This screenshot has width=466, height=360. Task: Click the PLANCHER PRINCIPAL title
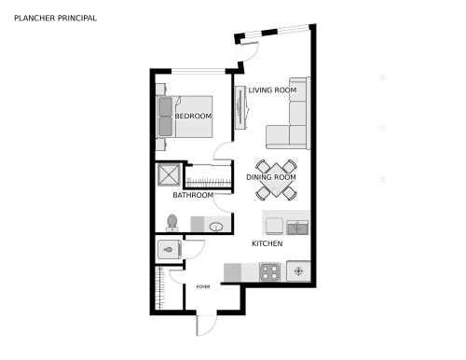(55, 18)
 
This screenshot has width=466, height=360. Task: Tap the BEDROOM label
(193, 116)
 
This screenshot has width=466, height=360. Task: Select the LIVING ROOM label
(272, 90)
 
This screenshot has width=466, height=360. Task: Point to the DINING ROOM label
(271, 177)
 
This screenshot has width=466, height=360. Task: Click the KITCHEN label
(267, 243)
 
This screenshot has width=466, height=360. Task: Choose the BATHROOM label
(193, 195)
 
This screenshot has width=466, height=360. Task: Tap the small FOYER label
(203, 286)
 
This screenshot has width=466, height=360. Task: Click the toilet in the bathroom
(171, 223)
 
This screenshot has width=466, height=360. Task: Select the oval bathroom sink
(215, 227)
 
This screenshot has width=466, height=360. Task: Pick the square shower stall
(169, 174)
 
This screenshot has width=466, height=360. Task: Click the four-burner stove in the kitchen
(269, 272)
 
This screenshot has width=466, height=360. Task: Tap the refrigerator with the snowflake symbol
(298, 271)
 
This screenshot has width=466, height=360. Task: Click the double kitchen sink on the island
(297, 228)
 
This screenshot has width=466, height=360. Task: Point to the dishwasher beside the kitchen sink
(274, 226)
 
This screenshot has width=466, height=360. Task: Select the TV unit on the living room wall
(240, 107)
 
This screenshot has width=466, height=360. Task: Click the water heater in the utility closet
(170, 249)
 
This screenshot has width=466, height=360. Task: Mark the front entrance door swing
(207, 325)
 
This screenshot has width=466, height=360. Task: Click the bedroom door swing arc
(223, 152)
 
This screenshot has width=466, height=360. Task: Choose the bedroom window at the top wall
(199, 72)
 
